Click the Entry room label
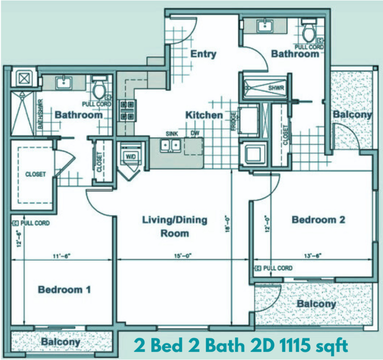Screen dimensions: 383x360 (x=203, y=54)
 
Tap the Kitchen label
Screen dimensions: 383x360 (x=204, y=115)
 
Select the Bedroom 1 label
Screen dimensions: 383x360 (x=65, y=289)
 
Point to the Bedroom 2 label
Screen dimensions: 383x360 (x=318, y=220)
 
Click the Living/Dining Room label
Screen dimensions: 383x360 (x=175, y=226)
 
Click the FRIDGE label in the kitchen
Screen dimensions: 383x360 (x=234, y=121)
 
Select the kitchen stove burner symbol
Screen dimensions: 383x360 (x=127, y=111)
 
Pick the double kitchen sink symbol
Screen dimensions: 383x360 (x=171, y=146)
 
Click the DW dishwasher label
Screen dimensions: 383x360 (x=195, y=133)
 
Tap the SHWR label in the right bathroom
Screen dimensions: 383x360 (x=276, y=88)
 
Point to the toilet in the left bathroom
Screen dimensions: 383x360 (x=99, y=87)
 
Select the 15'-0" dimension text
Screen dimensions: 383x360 (x=183, y=256)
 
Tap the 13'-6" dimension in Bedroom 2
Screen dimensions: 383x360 (x=313, y=256)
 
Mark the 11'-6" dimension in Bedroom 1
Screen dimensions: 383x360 (x=62, y=256)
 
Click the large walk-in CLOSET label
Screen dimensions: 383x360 (x=36, y=174)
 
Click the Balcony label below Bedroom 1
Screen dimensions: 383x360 (x=60, y=342)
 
